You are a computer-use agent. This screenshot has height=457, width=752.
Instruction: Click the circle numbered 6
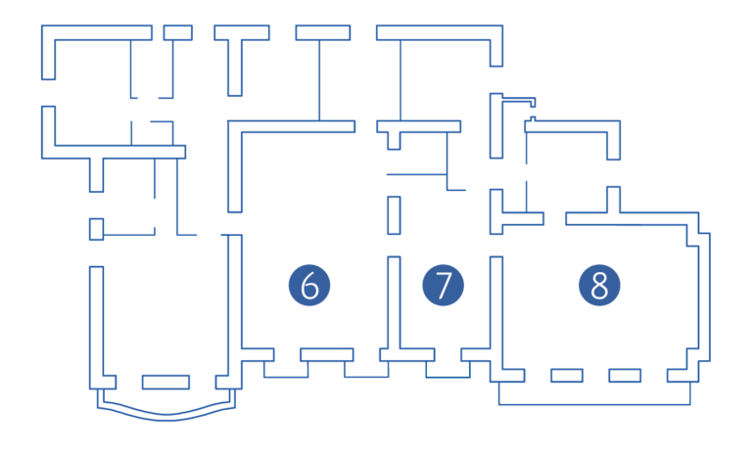[x=309, y=286]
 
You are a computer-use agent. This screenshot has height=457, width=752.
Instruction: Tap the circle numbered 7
[x=444, y=286]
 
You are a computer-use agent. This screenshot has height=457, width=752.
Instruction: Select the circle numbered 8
[x=599, y=286]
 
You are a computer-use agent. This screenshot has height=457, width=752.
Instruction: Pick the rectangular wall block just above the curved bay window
[x=166, y=382]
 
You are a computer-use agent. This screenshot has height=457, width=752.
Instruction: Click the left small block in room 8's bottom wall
[x=566, y=375]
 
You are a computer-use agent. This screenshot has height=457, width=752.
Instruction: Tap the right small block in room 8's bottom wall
[x=625, y=375]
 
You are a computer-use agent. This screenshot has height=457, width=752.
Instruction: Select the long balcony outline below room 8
[x=594, y=402]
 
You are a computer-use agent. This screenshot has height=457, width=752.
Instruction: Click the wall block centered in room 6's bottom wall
[x=326, y=354]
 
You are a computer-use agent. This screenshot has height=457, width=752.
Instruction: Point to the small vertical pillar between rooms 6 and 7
[x=393, y=215]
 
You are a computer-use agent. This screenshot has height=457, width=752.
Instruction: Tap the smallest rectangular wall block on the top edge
[x=177, y=32]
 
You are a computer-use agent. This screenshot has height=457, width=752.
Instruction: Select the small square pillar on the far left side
[x=96, y=229]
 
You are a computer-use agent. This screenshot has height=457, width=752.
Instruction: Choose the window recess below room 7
[x=447, y=372]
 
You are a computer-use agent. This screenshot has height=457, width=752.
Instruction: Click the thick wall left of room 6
[x=235, y=294]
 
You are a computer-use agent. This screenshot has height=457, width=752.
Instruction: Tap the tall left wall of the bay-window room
[x=96, y=323]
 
